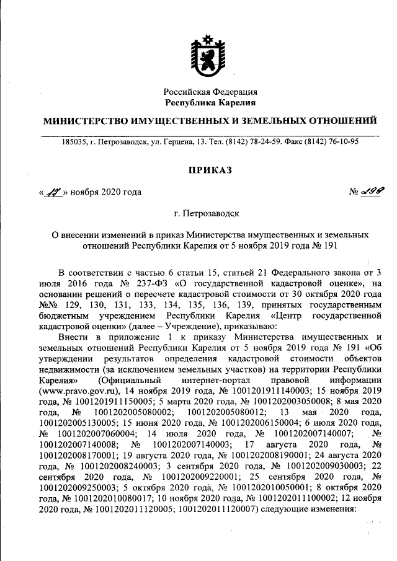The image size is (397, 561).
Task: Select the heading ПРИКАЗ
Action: (x=209, y=169)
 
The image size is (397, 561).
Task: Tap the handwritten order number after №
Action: (x=370, y=192)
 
